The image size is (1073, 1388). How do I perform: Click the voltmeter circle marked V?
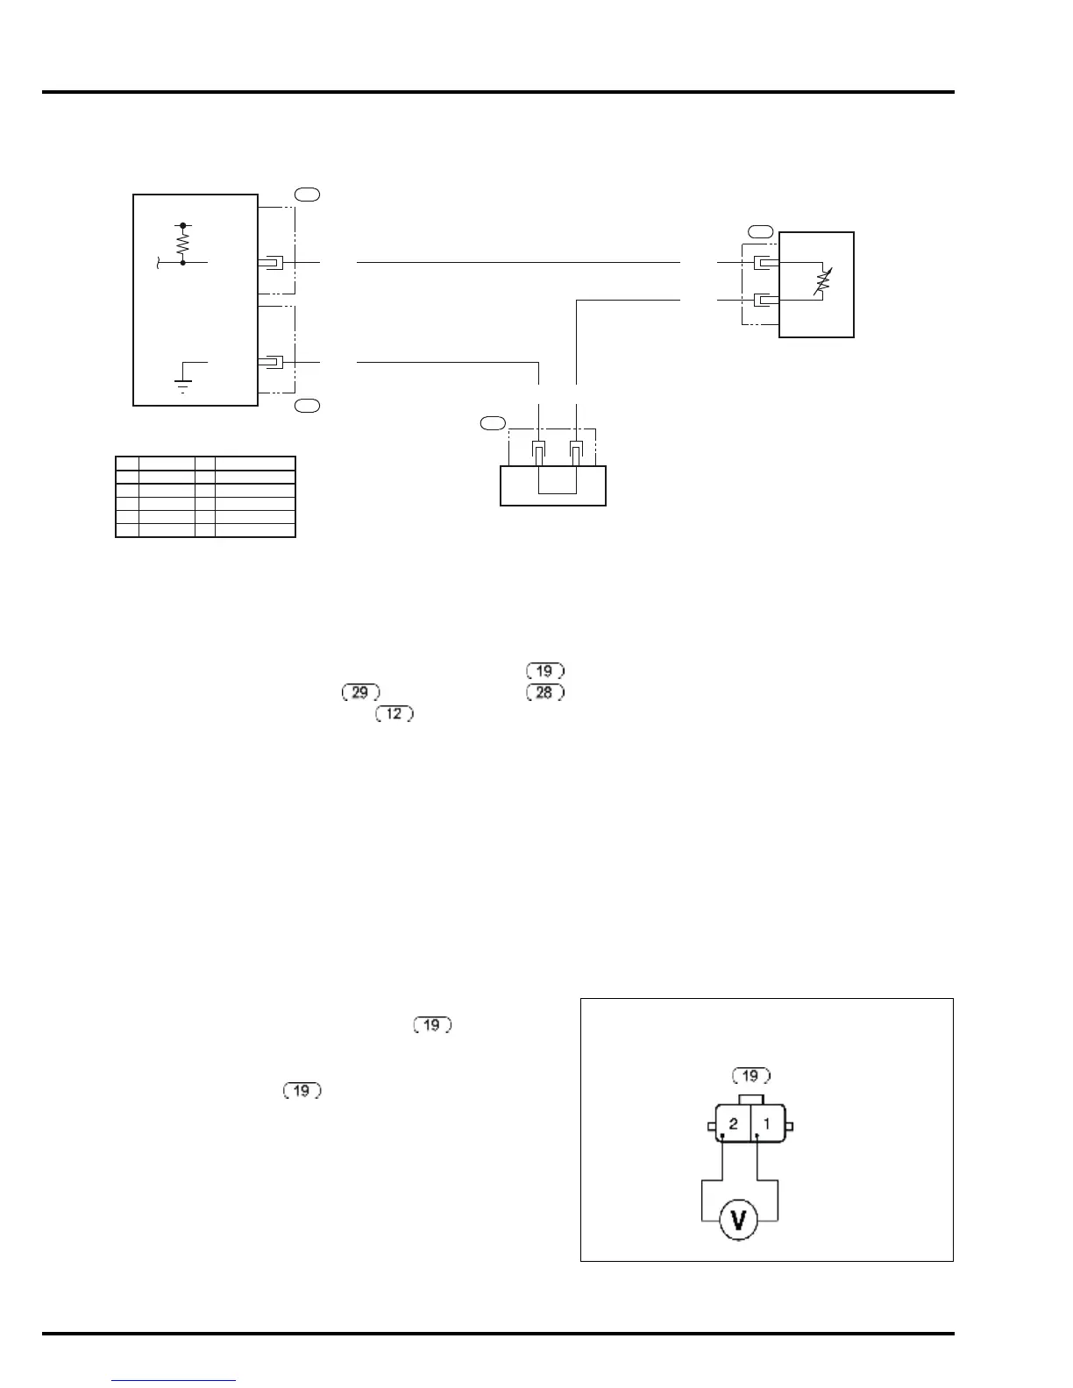click(738, 1220)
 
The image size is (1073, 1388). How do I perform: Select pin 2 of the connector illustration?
click(733, 1123)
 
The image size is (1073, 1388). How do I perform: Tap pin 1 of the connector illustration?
click(767, 1123)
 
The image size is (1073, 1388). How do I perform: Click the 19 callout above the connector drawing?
click(750, 1075)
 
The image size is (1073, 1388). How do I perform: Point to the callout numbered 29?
click(359, 692)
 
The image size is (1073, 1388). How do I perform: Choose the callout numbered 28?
click(544, 692)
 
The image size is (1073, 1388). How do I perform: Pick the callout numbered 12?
click(394, 713)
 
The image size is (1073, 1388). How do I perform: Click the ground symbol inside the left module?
click(183, 382)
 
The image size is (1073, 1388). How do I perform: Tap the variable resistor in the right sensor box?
click(821, 281)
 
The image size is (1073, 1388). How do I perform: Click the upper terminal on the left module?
click(274, 262)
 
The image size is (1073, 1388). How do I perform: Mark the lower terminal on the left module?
click(274, 362)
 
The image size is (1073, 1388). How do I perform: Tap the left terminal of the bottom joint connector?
click(539, 450)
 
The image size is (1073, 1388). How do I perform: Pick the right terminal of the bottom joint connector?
click(577, 450)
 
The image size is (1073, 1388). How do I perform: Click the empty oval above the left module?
click(306, 195)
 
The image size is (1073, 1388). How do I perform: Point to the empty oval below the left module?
click(306, 405)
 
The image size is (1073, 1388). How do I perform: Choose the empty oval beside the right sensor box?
click(761, 231)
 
